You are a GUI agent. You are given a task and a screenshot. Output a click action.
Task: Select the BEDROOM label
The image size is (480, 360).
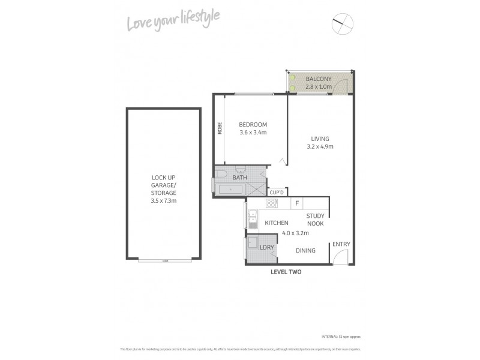point(253,124)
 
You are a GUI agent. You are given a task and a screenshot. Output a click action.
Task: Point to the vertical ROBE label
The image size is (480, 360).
point(220,128)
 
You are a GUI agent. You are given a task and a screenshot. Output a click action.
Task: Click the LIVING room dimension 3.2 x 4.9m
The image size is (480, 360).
point(320,146)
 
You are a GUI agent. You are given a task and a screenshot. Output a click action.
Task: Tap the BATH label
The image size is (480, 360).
point(239,178)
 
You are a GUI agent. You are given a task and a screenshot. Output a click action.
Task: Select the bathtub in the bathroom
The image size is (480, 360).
point(229,190)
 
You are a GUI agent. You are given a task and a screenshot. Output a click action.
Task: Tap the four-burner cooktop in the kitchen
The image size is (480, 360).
point(271,203)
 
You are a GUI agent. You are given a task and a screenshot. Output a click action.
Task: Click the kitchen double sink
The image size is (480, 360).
point(253,219)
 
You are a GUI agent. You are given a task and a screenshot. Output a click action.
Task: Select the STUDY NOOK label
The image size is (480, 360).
point(315,220)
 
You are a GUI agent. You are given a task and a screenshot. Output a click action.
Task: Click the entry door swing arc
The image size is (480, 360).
point(341,257)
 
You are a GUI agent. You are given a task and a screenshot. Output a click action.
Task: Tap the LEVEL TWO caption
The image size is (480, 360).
point(285,272)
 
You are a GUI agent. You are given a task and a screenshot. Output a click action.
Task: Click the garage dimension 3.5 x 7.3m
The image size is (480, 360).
point(163,200)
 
